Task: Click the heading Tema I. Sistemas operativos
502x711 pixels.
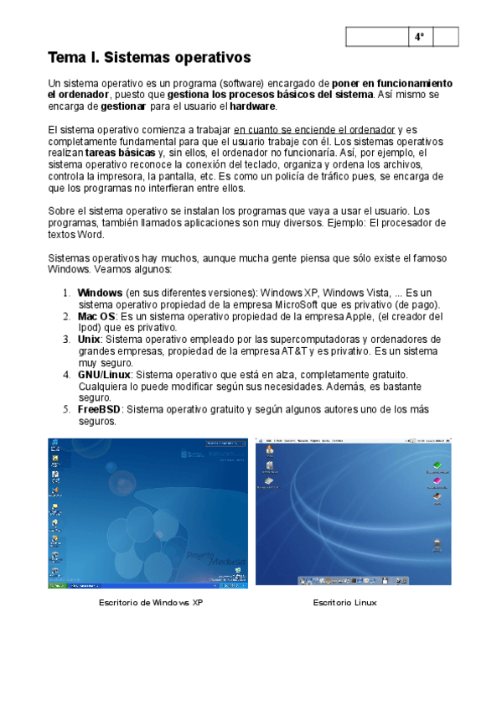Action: (150, 58)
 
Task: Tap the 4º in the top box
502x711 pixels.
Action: (419, 37)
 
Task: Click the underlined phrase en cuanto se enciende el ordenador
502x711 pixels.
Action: (314, 130)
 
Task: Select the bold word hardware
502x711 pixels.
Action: (252, 107)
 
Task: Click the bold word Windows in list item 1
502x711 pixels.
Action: (100, 293)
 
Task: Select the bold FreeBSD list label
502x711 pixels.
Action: (100, 409)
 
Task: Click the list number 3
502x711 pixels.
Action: (67, 340)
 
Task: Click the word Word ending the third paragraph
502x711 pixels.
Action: (93, 236)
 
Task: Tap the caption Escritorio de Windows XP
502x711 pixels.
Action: (151, 602)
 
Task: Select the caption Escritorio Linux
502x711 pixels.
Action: (344, 602)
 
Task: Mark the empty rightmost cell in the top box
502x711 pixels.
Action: (447, 37)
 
